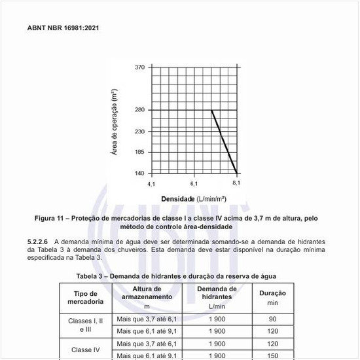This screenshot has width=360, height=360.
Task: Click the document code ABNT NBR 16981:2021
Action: click(63, 29)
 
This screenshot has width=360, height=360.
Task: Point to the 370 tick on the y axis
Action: click(140, 67)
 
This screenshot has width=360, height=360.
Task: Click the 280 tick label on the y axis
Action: click(140, 110)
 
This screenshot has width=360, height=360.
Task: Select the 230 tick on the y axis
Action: click(140, 132)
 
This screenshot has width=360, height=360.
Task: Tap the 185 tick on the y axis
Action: click(140, 153)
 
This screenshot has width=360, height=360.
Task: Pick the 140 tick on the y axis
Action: click(140, 173)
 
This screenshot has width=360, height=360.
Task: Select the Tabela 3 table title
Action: click(179, 276)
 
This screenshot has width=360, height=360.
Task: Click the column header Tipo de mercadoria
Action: click(86, 298)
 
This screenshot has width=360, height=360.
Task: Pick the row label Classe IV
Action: click(86, 350)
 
